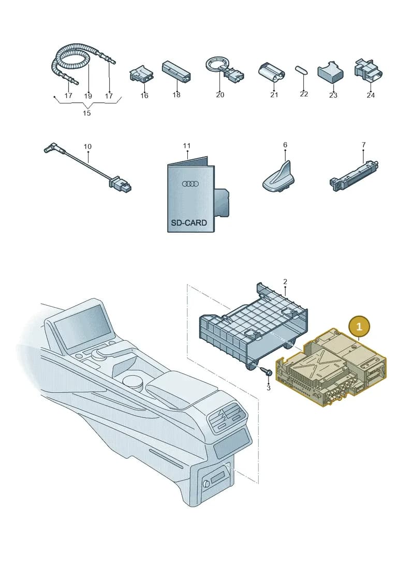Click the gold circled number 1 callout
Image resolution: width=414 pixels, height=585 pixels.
[x=359, y=327]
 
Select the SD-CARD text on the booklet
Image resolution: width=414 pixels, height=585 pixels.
[x=189, y=223]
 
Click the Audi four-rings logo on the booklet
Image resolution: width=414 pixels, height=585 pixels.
[x=190, y=184]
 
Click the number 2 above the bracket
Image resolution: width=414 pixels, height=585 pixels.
[x=285, y=282]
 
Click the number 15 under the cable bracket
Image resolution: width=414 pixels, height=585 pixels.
[x=86, y=113]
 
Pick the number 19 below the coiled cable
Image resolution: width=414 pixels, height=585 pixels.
[x=88, y=96]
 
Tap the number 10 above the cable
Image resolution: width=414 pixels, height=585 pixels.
[x=87, y=146]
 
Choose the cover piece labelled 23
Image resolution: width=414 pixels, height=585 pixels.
[x=331, y=71]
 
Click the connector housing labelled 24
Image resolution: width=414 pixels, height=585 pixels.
[x=368, y=70]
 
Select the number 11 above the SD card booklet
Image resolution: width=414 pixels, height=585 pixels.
[x=187, y=146]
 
